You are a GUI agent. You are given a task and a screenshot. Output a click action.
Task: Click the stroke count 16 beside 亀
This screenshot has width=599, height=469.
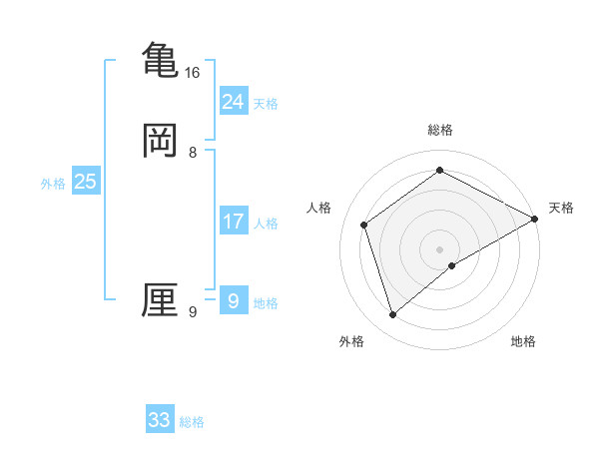coord(193,73)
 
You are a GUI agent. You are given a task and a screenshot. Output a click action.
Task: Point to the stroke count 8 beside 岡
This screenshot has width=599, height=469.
coord(193,153)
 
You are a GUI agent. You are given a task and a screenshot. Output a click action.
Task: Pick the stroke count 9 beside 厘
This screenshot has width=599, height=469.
coord(193,312)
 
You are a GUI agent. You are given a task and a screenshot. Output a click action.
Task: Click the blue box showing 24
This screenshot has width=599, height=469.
coord(234,102)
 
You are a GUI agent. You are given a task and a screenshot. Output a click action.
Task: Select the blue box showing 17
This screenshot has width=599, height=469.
coord(234,222)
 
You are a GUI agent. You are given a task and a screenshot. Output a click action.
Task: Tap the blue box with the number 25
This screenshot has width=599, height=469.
coord(86,182)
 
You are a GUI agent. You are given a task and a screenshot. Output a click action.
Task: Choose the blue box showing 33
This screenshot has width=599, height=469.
coord(160,420)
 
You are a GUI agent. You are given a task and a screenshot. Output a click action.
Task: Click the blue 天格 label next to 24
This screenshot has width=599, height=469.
coord(266,104)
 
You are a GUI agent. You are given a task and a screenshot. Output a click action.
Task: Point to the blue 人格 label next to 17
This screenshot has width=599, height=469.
coord(266,224)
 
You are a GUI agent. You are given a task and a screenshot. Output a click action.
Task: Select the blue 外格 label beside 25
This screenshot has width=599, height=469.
coord(53,184)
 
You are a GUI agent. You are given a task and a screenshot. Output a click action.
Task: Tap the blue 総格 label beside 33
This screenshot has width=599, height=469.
coord(192,422)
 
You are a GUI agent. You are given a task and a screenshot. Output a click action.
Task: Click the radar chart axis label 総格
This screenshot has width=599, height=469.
coord(440,130)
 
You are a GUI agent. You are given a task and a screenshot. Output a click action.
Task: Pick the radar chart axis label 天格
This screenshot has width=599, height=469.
coord(561,208)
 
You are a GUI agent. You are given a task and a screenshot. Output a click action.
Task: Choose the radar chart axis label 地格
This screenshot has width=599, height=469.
coord(523,342)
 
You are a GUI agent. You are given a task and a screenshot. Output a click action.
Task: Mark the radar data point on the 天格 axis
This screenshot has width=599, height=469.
coord(535,219)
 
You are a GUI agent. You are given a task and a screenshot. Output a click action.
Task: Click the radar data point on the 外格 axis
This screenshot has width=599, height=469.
coord(393,315)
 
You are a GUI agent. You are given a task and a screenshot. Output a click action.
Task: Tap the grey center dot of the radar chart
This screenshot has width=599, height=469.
coord(440,248)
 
